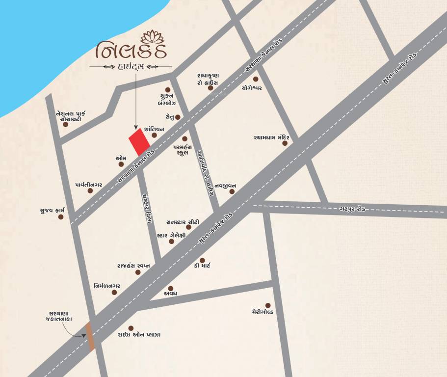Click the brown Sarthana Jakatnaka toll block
tap(90, 336)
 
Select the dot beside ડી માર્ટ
tap(202, 260)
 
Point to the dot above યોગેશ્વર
tap(255, 79)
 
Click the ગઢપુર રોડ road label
tap(352, 209)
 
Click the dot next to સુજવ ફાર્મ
tap(61, 216)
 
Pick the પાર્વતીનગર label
tap(89, 184)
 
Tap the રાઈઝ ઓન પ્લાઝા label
tap(139, 335)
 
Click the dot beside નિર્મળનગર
tap(114, 292)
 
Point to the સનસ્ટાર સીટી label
tap(183, 222)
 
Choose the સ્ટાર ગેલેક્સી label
tap(171, 236)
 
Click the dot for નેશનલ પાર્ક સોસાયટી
tap(66, 124)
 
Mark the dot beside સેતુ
tap(178, 117)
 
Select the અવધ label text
tap(170, 294)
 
